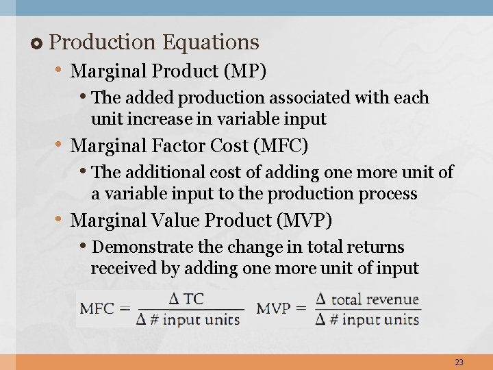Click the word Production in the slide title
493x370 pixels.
click(x=103, y=42)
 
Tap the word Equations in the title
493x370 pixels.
click(x=210, y=42)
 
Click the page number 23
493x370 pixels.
click(x=459, y=362)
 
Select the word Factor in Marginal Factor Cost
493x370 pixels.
click(x=183, y=146)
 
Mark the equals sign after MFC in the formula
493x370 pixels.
click(x=125, y=308)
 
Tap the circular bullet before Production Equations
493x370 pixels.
click(x=37, y=43)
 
